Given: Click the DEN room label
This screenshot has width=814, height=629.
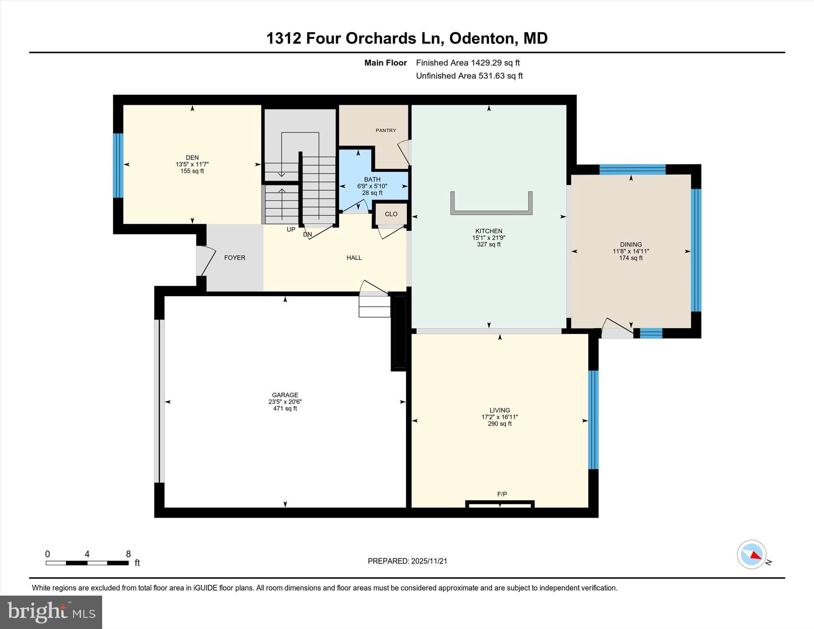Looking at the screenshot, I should point(192,157).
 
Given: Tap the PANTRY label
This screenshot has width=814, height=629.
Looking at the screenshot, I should point(386,130).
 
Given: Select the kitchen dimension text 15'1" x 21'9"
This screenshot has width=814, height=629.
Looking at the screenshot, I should point(488,238).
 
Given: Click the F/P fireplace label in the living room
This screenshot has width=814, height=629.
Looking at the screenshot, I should point(502,494).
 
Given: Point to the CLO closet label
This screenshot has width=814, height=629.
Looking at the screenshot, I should point(391,214).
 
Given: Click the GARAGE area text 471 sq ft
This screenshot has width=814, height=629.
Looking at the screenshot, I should point(285,408).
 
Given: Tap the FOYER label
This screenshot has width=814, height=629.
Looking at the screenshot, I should point(235,257).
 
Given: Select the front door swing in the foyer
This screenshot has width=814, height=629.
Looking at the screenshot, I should point(207,260).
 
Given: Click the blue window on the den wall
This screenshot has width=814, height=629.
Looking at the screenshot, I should point(118,165).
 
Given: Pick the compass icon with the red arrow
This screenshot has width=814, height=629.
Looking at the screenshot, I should point(751,554).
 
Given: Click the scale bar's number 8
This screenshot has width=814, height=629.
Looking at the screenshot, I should point(128,554).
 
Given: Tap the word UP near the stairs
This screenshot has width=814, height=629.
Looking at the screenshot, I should point(291,229).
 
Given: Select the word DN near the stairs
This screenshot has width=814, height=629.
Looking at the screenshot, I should point(307,234).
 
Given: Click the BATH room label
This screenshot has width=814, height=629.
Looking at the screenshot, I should point(372,179).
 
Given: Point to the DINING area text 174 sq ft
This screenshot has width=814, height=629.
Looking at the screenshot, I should point(630,258).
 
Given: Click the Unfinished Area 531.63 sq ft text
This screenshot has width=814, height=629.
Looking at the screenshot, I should point(469,75).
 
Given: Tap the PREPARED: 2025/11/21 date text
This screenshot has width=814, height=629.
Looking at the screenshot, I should point(407,561).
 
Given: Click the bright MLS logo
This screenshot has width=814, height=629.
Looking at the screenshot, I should point(51,612).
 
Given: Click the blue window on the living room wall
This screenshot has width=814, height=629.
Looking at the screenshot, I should point(593,420).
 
